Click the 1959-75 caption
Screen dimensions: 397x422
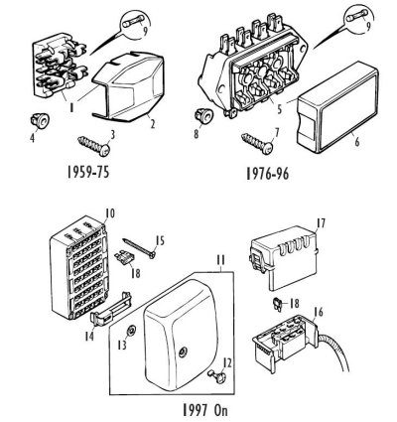coord(88,172)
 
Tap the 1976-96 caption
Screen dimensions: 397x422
coord(267,174)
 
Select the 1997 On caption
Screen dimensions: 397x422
coord(205,410)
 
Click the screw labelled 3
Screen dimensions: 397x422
coord(94,146)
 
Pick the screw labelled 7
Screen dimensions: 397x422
coord(257,143)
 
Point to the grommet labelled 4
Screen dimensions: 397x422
coord(40,120)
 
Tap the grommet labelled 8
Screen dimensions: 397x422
coord(203,115)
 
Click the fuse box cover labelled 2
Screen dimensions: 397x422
coord(128,86)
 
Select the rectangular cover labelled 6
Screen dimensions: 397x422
coord(337,107)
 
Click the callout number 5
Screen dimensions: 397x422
coord(280,109)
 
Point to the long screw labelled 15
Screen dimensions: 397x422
coord(139,246)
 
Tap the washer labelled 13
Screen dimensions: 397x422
coord(131,330)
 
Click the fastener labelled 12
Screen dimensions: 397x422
coord(216,375)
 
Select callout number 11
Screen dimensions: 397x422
coord(220,260)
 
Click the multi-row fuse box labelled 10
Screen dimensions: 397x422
coord(79,267)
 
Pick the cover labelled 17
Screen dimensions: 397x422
coord(285,258)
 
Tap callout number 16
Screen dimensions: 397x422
coord(319,312)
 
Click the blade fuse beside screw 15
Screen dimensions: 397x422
coord(123,257)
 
